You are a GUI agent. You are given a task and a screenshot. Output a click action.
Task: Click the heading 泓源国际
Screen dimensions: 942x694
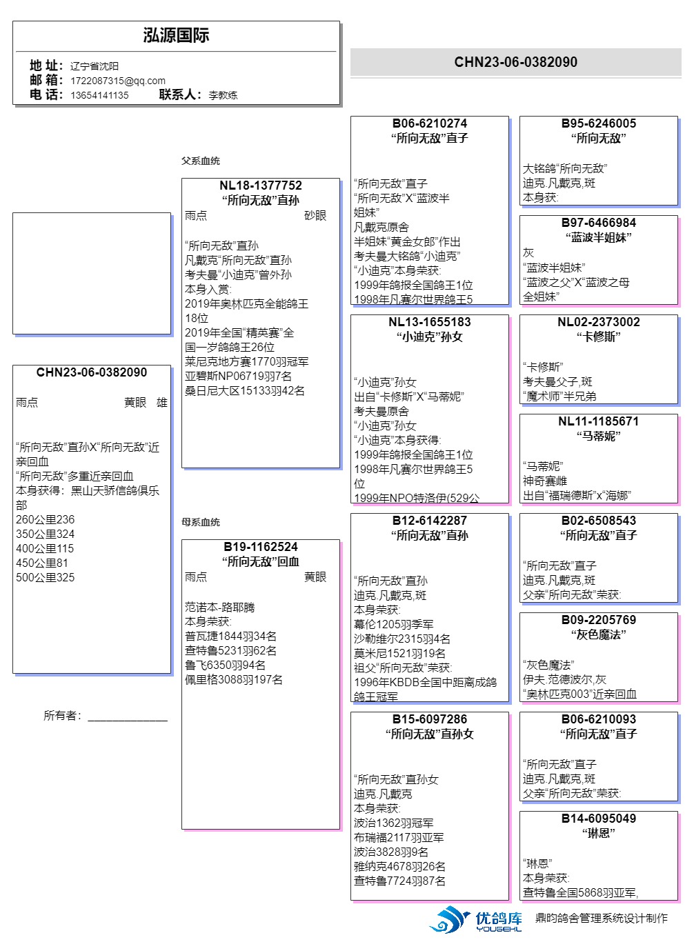click(x=176, y=36)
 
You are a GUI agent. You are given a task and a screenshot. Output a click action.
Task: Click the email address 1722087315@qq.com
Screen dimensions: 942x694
click(x=117, y=81)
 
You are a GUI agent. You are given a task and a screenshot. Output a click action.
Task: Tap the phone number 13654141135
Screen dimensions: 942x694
click(x=99, y=95)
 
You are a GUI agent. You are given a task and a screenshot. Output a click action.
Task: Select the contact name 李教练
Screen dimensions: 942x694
click(x=223, y=95)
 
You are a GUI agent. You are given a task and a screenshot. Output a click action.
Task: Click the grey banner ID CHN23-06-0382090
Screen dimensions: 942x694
click(x=515, y=62)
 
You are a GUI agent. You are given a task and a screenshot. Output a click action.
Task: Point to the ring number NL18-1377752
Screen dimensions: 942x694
click(x=260, y=186)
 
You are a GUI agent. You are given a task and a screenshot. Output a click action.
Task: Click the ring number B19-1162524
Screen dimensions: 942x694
click(x=260, y=547)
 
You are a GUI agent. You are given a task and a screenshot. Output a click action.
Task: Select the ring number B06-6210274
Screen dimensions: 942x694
click(x=429, y=123)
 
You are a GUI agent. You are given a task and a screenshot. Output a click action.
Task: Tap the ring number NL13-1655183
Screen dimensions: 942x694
click(x=429, y=322)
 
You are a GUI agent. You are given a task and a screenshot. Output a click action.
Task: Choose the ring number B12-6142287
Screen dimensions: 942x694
click(x=429, y=521)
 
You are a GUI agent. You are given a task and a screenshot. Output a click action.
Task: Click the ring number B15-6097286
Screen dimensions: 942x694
click(x=429, y=719)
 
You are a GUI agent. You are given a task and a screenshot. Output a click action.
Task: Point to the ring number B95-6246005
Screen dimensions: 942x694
click(x=598, y=123)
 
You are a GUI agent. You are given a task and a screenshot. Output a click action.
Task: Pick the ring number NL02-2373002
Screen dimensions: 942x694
click(x=598, y=322)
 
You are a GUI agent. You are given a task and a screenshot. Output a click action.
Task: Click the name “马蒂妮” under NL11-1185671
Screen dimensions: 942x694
click(x=598, y=436)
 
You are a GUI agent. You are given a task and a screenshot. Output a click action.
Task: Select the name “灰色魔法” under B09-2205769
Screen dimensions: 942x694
click(x=598, y=634)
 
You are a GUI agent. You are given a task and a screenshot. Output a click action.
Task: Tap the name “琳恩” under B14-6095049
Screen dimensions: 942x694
click(x=598, y=833)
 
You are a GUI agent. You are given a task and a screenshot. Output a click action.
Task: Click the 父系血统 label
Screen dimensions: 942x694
click(x=201, y=161)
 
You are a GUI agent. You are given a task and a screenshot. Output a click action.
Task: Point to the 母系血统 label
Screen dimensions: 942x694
click(x=201, y=522)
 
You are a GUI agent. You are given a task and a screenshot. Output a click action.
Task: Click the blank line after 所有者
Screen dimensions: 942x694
click(x=128, y=717)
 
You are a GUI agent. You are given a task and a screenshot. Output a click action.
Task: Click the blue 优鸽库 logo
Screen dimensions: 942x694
click(x=476, y=920)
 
